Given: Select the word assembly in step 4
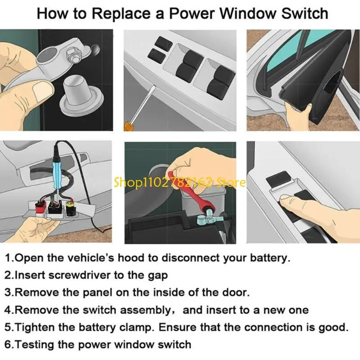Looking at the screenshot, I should (x=140, y=310).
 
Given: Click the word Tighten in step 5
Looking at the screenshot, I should (x=34, y=327).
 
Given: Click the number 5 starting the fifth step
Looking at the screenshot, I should (x=9, y=327).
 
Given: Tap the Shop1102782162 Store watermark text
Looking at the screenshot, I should (x=180, y=183).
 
